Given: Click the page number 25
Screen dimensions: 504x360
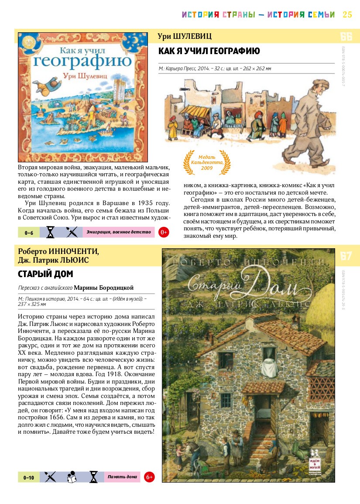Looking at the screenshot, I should (347, 14).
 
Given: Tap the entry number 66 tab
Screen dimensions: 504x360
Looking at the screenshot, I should (346, 36).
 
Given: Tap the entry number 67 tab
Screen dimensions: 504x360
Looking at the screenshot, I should (346, 256).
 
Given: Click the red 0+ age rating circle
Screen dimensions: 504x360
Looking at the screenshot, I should (164, 232).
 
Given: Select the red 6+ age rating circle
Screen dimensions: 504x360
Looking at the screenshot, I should (149, 477).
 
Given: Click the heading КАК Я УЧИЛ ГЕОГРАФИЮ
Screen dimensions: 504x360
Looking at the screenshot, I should (209, 51).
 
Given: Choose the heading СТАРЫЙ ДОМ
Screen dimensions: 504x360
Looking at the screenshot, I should (45, 274).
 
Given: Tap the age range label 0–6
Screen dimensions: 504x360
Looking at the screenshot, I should (29, 233).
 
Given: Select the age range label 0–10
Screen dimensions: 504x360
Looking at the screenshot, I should (29, 477).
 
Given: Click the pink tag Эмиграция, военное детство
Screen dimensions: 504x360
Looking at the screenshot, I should (118, 232).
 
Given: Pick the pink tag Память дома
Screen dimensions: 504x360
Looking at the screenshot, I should (122, 477).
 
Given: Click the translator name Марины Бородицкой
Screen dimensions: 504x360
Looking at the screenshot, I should (103, 288).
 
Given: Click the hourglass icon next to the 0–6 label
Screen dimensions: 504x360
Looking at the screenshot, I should (51, 232).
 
